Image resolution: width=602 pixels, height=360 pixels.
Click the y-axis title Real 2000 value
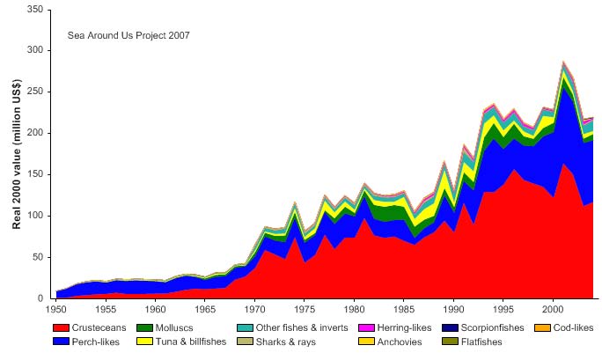tap(17, 154)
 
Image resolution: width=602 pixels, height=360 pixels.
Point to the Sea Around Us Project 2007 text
tap(128, 36)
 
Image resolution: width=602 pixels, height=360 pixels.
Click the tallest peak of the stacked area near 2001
tap(563, 62)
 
